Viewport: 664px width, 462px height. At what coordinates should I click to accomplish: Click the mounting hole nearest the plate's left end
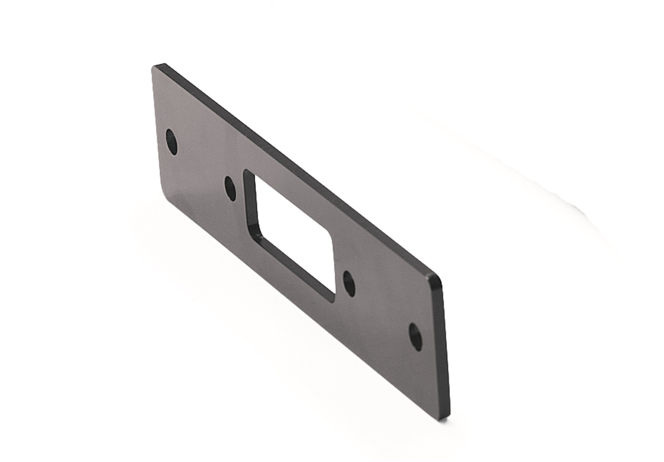tap(171, 141)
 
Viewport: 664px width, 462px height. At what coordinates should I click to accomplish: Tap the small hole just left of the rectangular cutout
tap(230, 189)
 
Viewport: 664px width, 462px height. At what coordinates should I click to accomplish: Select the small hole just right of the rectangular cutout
tap(349, 283)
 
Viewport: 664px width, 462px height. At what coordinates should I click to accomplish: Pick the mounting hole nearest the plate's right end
tap(415, 336)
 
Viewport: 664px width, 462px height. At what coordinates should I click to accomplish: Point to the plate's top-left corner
tap(155, 67)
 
